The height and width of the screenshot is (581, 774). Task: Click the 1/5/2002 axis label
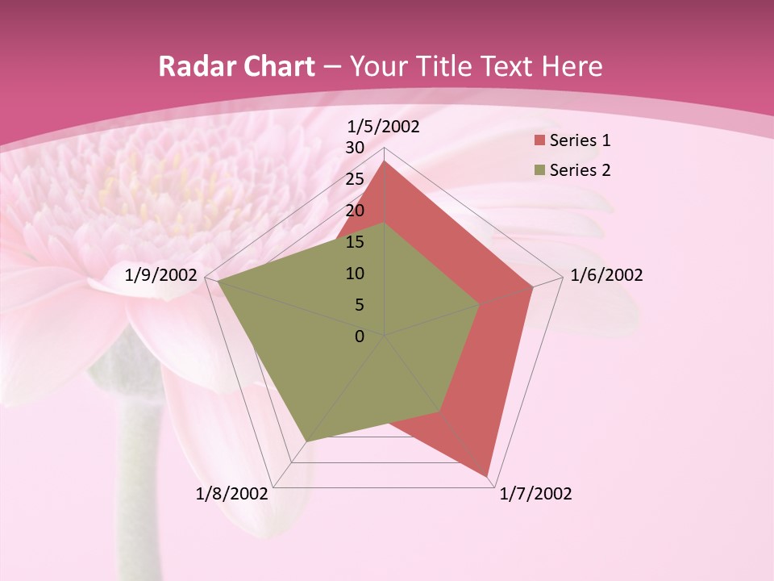(x=384, y=126)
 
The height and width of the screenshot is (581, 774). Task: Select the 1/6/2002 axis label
(x=606, y=275)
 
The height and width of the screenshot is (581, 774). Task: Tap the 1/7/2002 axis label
(x=535, y=494)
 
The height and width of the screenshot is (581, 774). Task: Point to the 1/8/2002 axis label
(x=231, y=494)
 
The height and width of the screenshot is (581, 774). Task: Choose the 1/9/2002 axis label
(x=161, y=275)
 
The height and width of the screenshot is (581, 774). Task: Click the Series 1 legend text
(x=580, y=140)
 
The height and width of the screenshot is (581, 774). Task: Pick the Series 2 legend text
(x=580, y=170)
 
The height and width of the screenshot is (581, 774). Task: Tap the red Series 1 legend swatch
(x=539, y=141)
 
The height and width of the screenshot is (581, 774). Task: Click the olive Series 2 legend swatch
(x=539, y=170)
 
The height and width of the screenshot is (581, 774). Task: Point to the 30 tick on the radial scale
(x=355, y=148)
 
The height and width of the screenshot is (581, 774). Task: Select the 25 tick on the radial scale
(x=355, y=179)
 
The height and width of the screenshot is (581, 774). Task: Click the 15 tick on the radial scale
(x=355, y=242)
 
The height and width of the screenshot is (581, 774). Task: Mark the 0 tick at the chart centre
(x=360, y=336)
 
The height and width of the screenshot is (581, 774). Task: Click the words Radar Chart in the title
(x=237, y=67)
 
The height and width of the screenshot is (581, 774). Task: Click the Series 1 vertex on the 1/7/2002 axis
(x=488, y=475)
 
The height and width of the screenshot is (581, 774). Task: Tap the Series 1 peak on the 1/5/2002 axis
(x=385, y=161)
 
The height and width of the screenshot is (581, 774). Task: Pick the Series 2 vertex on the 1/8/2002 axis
(x=306, y=442)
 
